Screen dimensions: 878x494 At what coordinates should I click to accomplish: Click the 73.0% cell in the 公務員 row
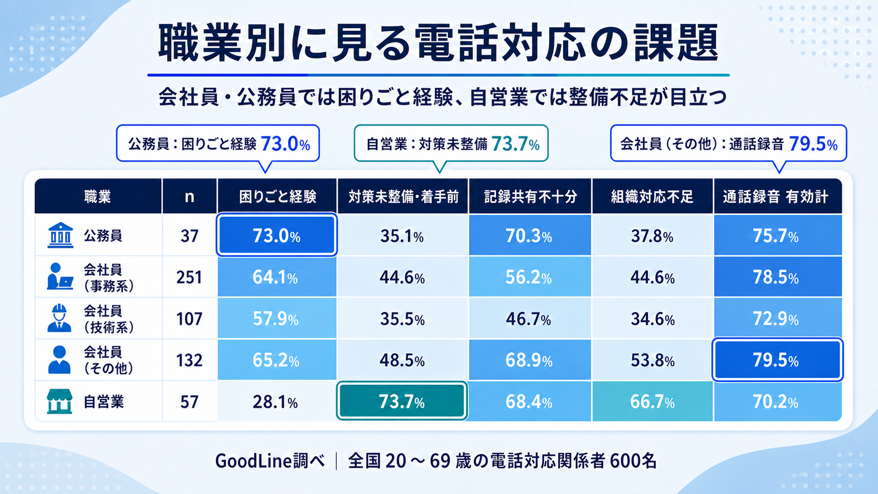pyautogui.click(x=277, y=235)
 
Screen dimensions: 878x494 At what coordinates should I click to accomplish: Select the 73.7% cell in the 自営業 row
pyautogui.click(x=402, y=401)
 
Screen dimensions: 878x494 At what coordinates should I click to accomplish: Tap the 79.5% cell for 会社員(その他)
pyautogui.click(x=777, y=360)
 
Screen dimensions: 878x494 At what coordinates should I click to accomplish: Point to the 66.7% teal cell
pyautogui.click(x=652, y=402)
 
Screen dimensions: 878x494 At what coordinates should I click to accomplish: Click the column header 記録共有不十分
pyautogui.click(x=530, y=196)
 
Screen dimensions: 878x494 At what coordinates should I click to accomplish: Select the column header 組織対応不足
pyautogui.click(x=652, y=196)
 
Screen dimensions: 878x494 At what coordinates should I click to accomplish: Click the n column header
pyautogui.click(x=190, y=196)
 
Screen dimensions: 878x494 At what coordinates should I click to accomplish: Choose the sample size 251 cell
pyautogui.click(x=190, y=277)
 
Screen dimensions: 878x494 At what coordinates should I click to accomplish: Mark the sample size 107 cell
pyautogui.click(x=190, y=319)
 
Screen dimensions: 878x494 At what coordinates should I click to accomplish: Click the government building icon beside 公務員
pyautogui.click(x=60, y=235)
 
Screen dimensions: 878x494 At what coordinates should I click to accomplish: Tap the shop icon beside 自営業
pyautogui.click(x=59, y=401)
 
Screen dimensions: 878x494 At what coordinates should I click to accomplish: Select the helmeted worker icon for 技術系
pyautogui.click(x=59, y=318)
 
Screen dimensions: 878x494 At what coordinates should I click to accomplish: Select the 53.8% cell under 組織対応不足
pyautogui.click(x=652, y=360)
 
